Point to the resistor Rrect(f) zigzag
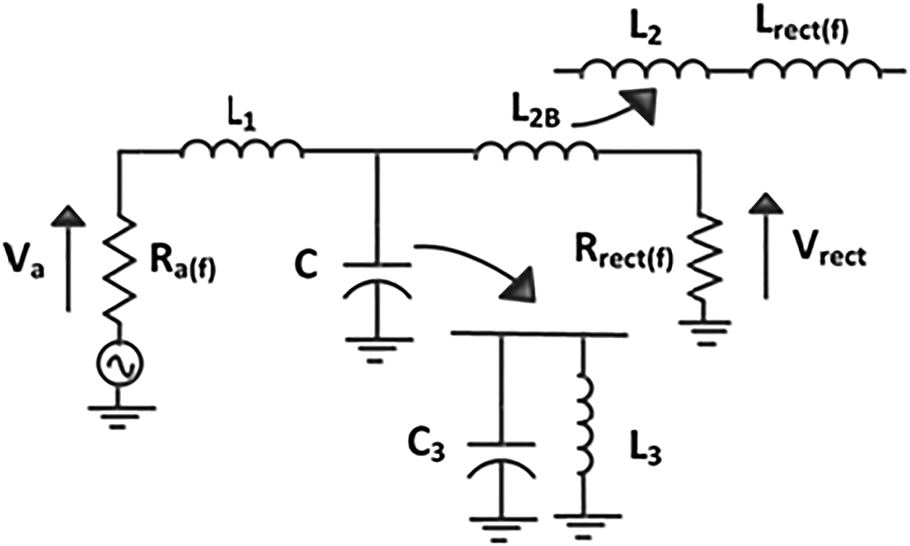tap(701, 257)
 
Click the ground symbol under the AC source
tap(118, 416)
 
